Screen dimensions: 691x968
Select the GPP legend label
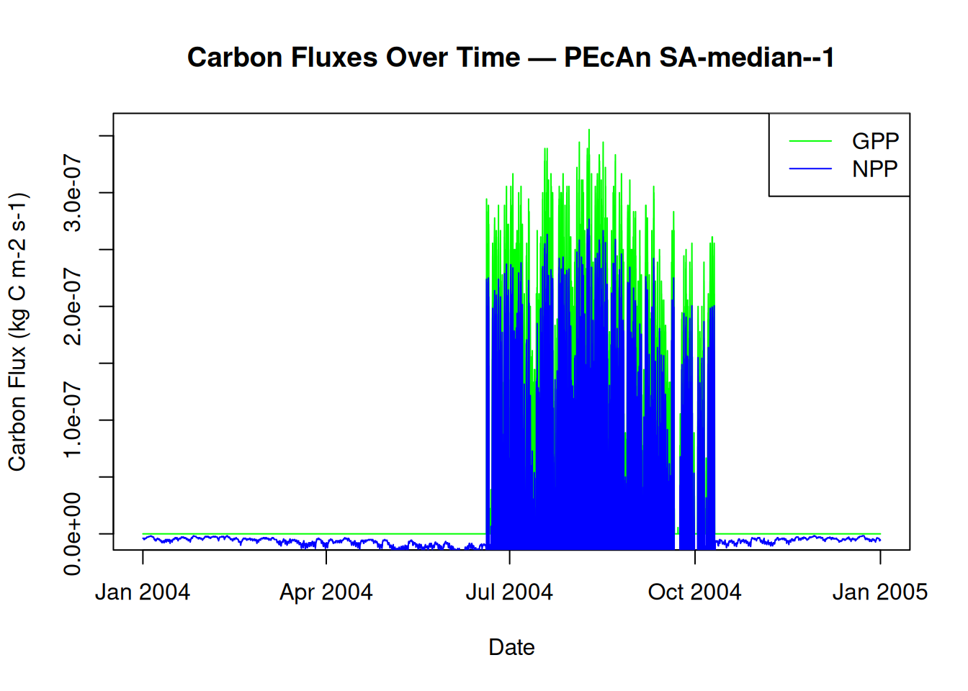pyautogui.click(x=875, y=141)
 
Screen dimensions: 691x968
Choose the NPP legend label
pyautogui.click(x=875, y=169)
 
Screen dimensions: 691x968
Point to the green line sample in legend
pyautogui.click(x=810, y=141)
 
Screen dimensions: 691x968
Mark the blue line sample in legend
pyautogui.click(x=810, y=169)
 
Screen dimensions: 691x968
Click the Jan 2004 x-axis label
pyautogui.click(x=143, y=592)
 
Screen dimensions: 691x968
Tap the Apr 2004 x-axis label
pyautogui.click(x=326, y=592)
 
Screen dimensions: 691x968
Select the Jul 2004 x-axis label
pyautogui.click(x=509, y=592)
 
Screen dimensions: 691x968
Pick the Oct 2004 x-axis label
pyautogui.click(x=694, y=592)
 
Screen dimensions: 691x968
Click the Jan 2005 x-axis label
pyautogui.click(x=879, y=592)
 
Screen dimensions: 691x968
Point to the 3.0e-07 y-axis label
pyautogui.click(x=73, y=192)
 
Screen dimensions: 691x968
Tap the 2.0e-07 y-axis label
pyautogui.click(x=73, y=306)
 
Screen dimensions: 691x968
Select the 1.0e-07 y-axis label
pyautogui.click(x=73, y=420)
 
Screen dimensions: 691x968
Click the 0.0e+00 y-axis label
pyautogui.click(x=73, y=533)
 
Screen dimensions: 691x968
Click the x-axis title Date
pyautogui.click(x=511, y=647)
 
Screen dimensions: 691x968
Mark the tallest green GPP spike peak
pyautogui.click(x=589, y=130)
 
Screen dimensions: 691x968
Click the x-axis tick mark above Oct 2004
pyautogui.click(x=695, y=556)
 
